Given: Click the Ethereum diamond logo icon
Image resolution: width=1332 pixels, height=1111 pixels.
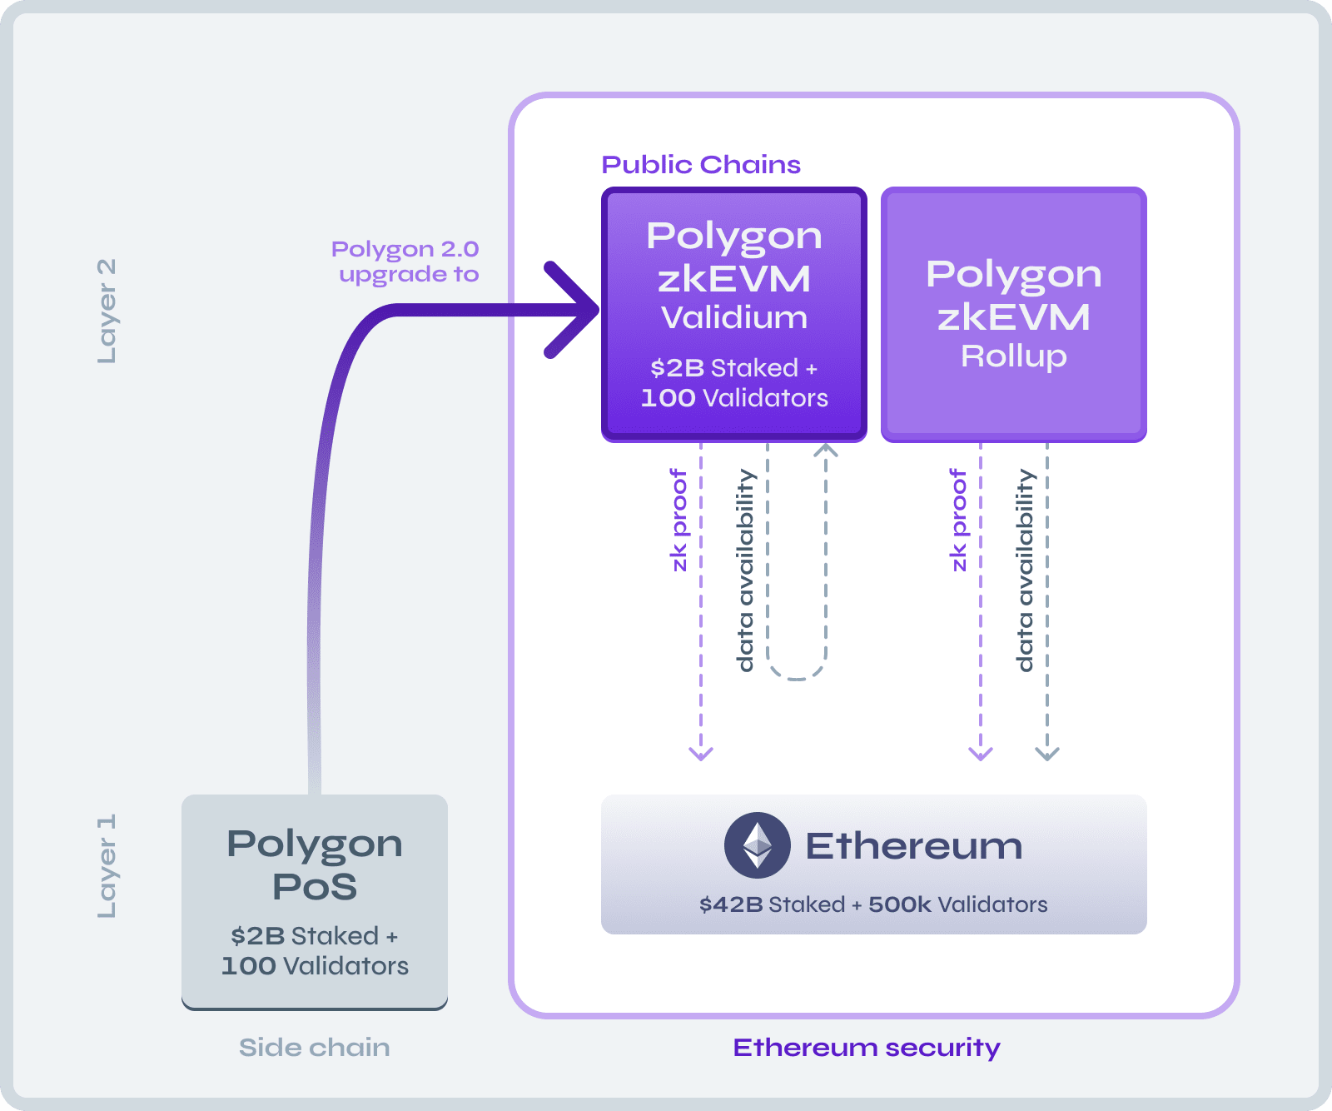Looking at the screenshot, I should [x=757, y=845].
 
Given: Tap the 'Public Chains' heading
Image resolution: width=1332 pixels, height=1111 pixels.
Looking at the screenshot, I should [x=701, y=165].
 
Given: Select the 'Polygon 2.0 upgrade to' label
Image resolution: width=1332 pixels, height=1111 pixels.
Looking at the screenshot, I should [x=406, y=262].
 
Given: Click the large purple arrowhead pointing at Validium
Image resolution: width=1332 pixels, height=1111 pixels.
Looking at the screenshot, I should [x=574, y=310].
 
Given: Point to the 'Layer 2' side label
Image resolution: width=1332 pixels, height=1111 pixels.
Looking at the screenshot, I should [x=107, y=311].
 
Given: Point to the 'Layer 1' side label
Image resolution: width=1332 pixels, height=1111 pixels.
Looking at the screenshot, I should [x=107, y=866].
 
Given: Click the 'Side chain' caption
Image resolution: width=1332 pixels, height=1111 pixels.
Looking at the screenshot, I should [x=314, y=1047].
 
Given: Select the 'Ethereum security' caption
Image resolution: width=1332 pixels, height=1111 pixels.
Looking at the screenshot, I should [x=867, y=1047].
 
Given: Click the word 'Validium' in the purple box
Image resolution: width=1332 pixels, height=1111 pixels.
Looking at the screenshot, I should [x=734, y=318].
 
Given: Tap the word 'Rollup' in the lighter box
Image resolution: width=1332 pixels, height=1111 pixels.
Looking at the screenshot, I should [x=1013, y=356].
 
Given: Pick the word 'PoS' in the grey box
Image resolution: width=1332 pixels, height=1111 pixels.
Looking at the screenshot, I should [x=315, y=887].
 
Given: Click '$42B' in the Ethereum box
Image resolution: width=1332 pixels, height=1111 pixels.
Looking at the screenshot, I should [x=731, y=904].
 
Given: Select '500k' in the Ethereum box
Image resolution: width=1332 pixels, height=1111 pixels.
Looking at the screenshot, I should [x=899, y=904].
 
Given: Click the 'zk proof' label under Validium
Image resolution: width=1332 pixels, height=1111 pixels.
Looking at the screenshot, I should [x=679, y=521].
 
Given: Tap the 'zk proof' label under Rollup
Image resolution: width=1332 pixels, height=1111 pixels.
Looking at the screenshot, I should [x=959, y=521].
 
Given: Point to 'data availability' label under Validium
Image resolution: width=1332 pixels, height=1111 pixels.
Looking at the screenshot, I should [x=746, y=570].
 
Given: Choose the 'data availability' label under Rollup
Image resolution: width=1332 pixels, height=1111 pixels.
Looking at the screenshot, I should [x=1026, y=570].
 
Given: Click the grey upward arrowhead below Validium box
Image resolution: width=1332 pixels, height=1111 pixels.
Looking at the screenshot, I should [x=826, y=451].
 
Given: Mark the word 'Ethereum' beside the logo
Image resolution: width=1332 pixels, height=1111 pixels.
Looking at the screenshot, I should [x=913, y=846].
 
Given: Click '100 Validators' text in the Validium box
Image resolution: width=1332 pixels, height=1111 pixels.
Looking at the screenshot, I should [x=734, y=398].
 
